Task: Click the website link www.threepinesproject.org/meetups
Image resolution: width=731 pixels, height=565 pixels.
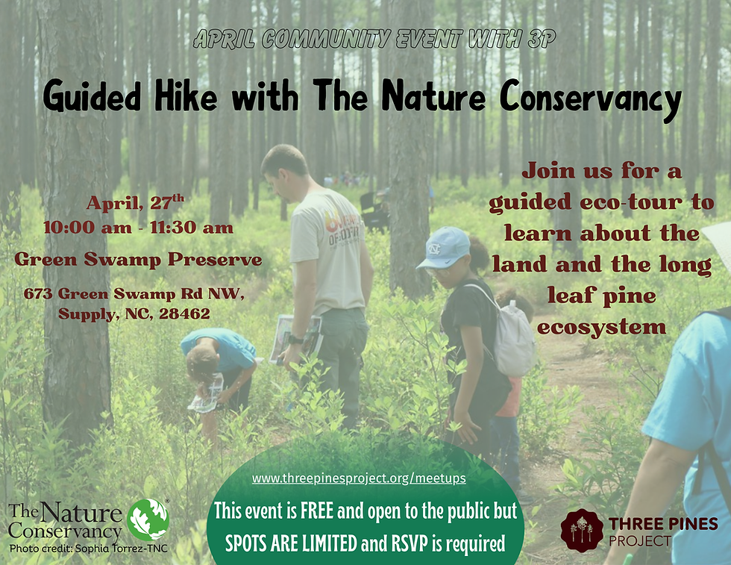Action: (359, 478)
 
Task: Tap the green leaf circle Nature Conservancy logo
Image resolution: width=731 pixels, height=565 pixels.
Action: (148, 519)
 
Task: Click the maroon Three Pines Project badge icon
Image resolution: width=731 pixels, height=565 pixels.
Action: (582, 530)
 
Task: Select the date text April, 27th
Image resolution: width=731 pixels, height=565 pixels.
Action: (135, 203)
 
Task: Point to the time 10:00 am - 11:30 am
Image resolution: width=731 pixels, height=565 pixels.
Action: (138, 227)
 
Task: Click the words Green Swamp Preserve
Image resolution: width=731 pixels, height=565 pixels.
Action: (138, 260)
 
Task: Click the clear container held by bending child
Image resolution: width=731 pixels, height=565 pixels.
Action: (207, 392)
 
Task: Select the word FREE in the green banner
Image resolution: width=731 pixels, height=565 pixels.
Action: (315, 512)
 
